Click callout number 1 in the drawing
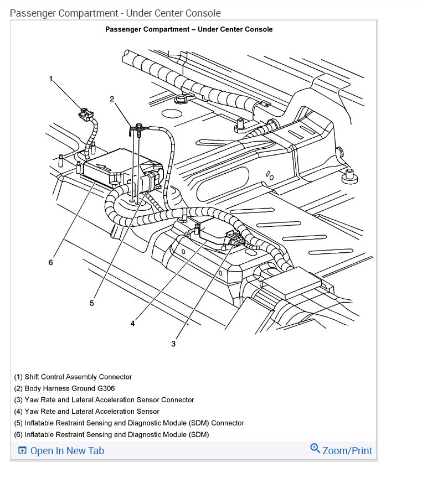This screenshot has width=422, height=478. (51, 79)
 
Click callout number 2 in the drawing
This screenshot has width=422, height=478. (112, 99)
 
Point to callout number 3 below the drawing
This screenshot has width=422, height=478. (173, 344)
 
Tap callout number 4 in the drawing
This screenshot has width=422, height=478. (132, 324)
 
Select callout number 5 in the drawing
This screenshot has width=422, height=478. (92, 303)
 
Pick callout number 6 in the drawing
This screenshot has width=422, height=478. (50, 262)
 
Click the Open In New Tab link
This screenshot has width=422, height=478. (67, 451)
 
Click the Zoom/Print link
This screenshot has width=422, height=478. (347, 451)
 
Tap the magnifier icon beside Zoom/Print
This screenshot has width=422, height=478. (315, 449)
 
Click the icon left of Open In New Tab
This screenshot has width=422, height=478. (22, 451)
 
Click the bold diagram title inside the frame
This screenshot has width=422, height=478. (189, 29)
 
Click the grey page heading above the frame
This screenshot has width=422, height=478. (115, 13)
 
